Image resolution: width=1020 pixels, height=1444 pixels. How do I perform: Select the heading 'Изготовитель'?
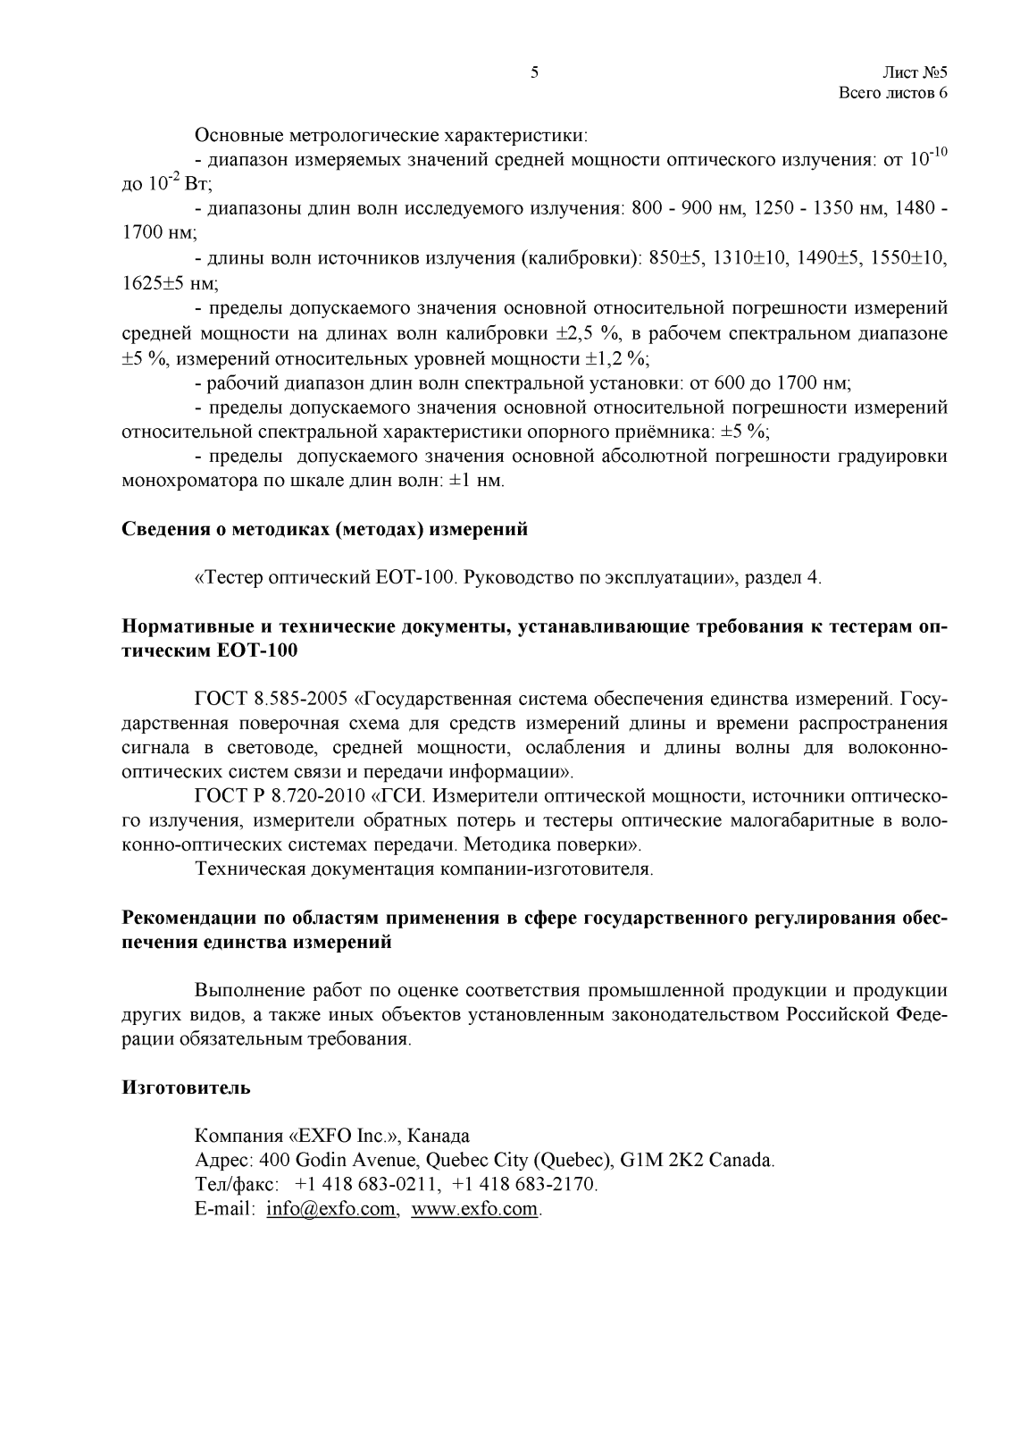pyautogui.click(x=186, y=1087)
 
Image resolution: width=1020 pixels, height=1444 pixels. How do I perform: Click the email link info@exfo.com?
pyautogui.click(x=331, y=1209)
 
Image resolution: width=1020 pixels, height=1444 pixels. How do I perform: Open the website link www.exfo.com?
pyautogui.click(x=475, y=1209)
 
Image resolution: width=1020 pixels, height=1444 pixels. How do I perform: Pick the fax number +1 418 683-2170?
pyautogui.click(x=524, y=1185)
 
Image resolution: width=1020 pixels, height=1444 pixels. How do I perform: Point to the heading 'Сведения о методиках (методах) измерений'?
pyautogui.click(x=324, y=529)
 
